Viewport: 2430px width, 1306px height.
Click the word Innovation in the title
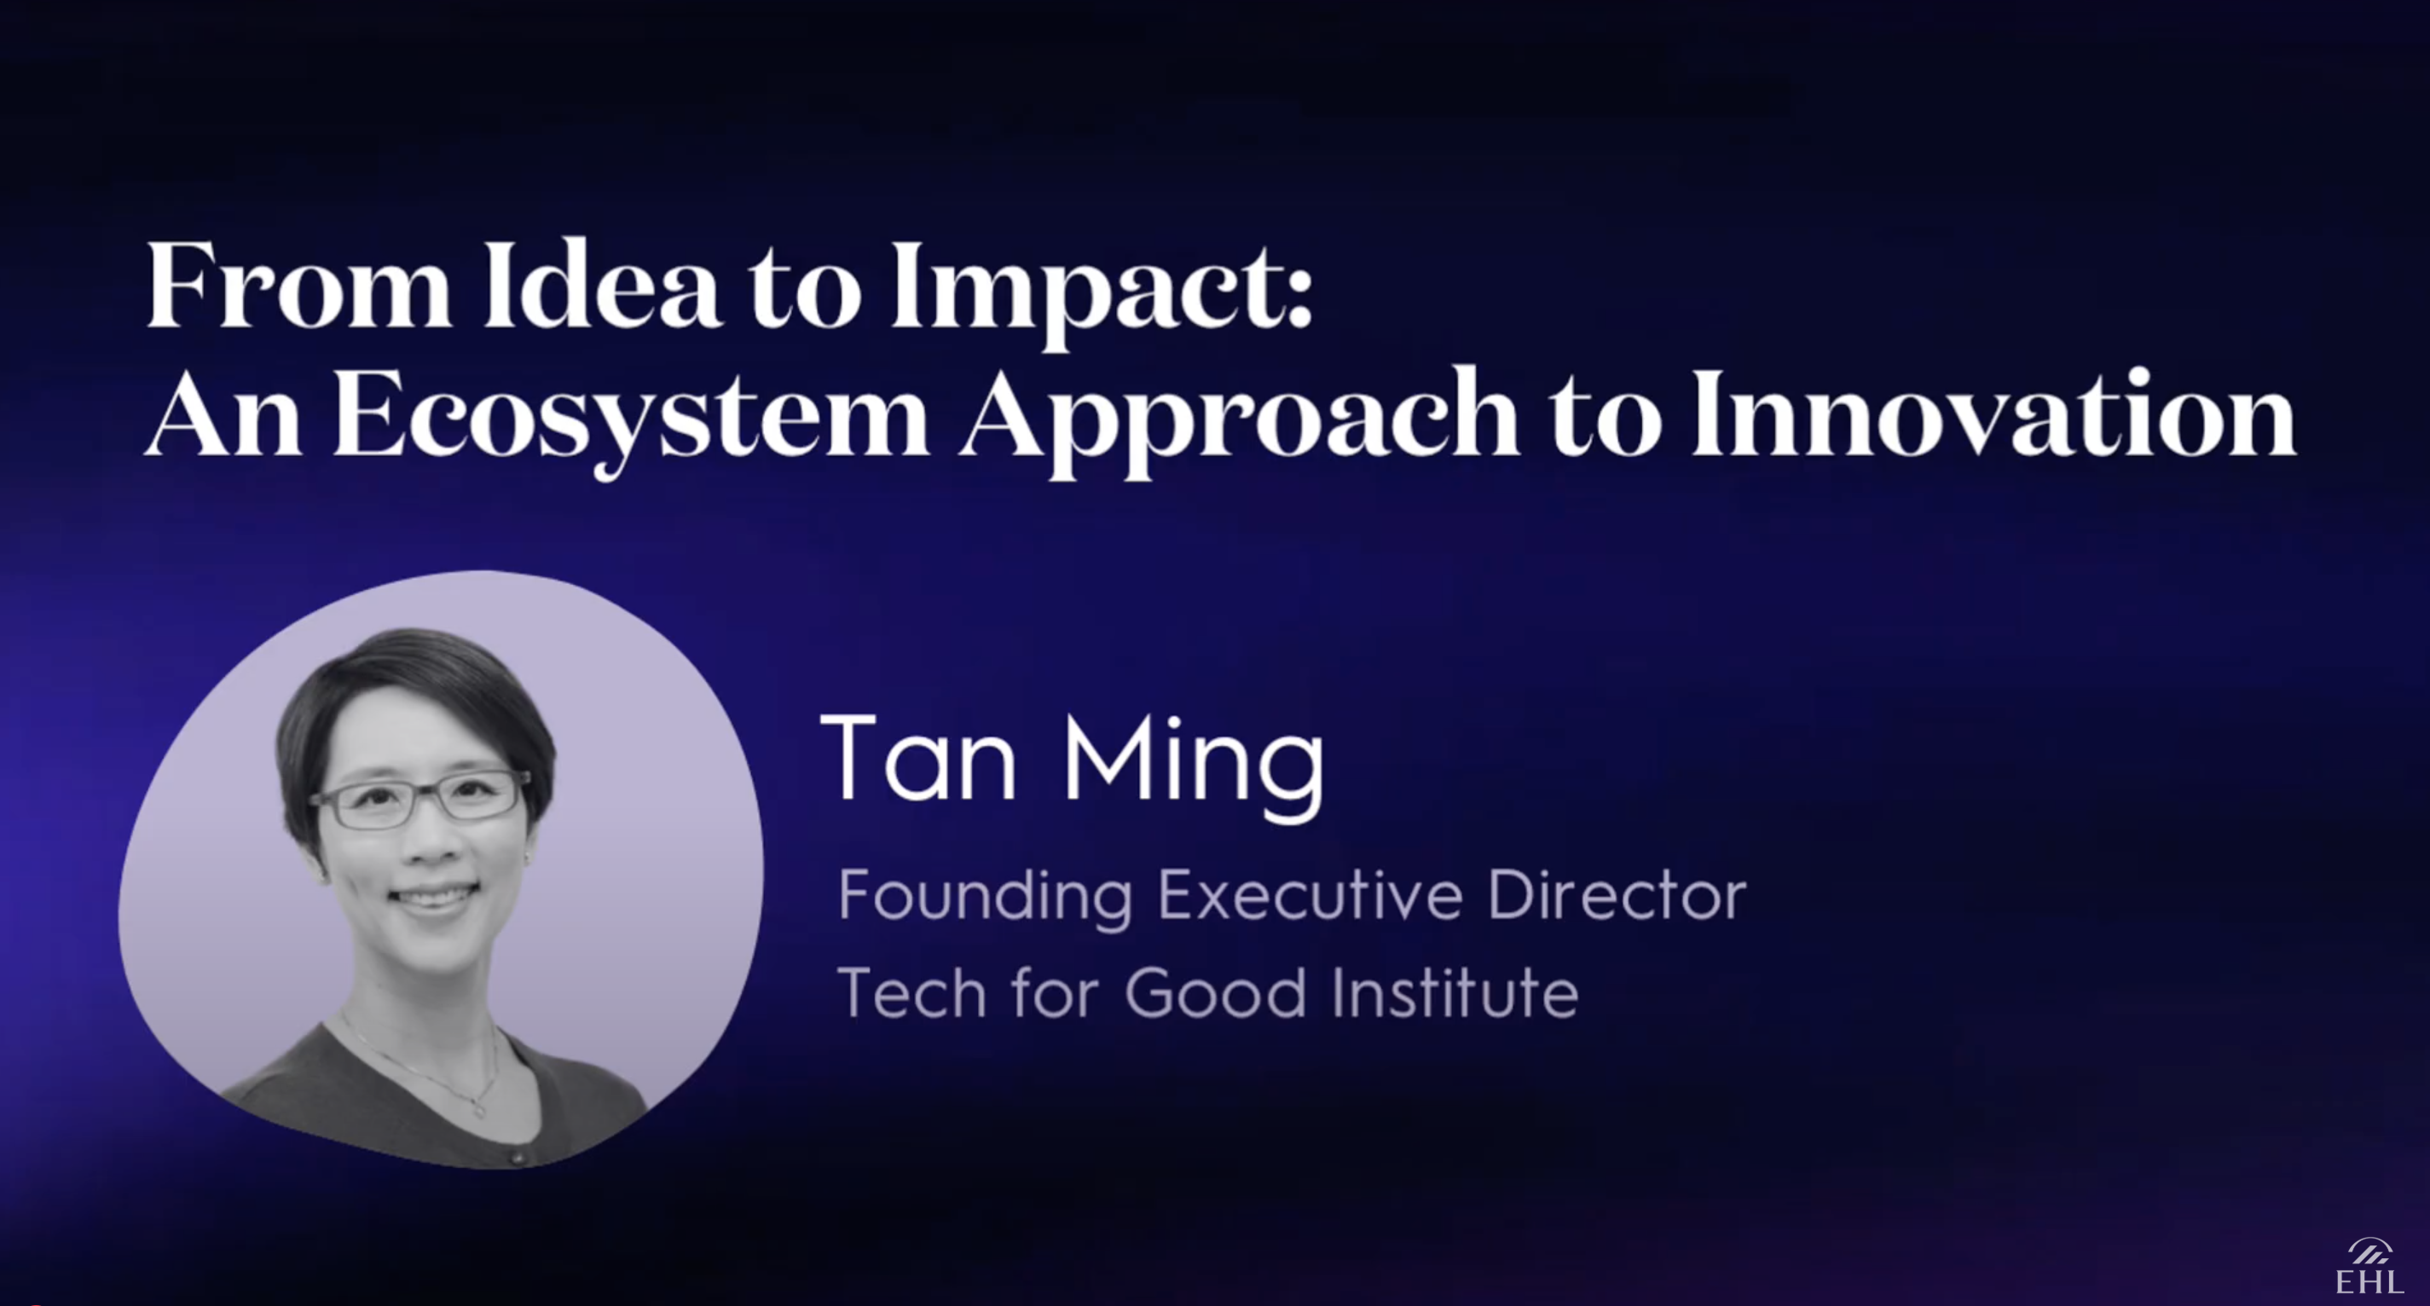1993,415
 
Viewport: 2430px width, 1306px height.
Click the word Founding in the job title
985,895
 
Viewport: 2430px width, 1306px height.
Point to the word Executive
1310,895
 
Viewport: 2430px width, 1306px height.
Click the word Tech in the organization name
911,992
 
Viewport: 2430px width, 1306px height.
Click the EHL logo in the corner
2369,1268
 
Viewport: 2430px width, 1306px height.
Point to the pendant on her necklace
479,1109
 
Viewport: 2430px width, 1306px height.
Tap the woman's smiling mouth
435,895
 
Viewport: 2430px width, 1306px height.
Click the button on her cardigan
516,1156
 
